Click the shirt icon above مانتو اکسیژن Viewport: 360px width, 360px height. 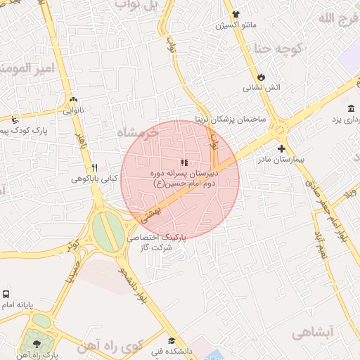click(x=235, y=14)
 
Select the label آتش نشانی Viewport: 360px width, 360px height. click(x=262, y=88)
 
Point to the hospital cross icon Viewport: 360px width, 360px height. click(x=281, y=148)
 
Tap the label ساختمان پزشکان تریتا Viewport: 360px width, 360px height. click(x=231, y=119)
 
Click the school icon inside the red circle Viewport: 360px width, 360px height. click(x=184, y=162)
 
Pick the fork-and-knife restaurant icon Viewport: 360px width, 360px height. click(x=94, y=167)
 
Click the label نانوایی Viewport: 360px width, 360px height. click(x=72, y=110)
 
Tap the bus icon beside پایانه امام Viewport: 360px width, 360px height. click(x=6, y=295)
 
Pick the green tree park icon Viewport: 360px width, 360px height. click(x=33, y=344)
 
